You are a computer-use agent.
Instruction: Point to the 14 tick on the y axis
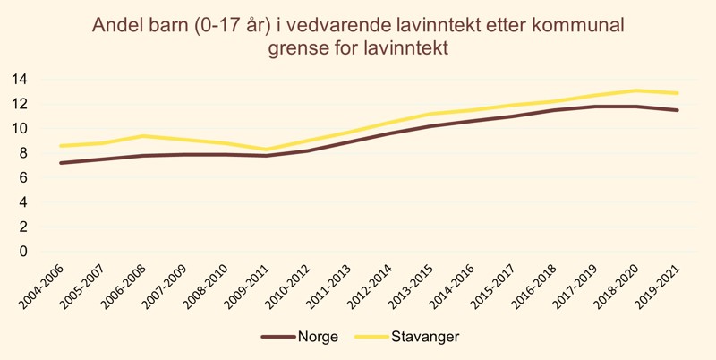point(19,79)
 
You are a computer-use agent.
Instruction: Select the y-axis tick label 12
point(19,104)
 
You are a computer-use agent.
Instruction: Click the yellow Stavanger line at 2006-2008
point(142,136)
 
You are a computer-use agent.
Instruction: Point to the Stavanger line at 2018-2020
point(636,90)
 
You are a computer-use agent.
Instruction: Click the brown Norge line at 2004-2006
point(60,163)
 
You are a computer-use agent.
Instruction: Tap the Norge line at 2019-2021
point(678,110)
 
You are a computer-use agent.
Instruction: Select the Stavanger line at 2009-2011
point(266,150)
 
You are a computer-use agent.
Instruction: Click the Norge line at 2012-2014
point(389,134)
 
